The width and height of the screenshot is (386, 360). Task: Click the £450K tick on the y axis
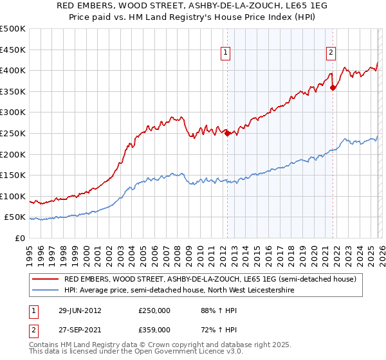coord(13,50)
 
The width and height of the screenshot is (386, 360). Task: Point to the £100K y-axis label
coord(13,196)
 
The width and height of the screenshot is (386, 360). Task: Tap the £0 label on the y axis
coord(20,239)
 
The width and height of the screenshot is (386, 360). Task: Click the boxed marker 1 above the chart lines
coord(226,54)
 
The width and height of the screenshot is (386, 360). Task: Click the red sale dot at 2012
coord(227,133)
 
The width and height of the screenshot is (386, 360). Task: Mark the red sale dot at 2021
coord(333,87)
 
